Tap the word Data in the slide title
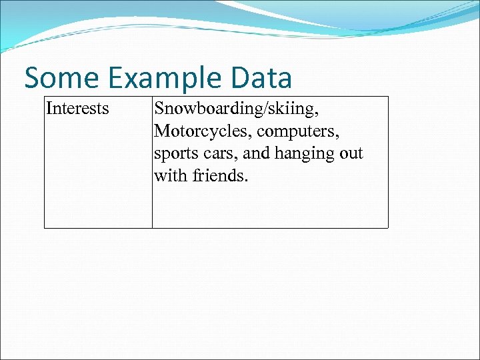click(x=263, y=78)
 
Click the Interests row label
click(x=77, y=108)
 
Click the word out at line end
click(x=351, y=153)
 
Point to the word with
click(x=169, y=176)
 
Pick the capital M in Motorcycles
click(x=162, y=131)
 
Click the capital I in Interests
click(x=49, y=108)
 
